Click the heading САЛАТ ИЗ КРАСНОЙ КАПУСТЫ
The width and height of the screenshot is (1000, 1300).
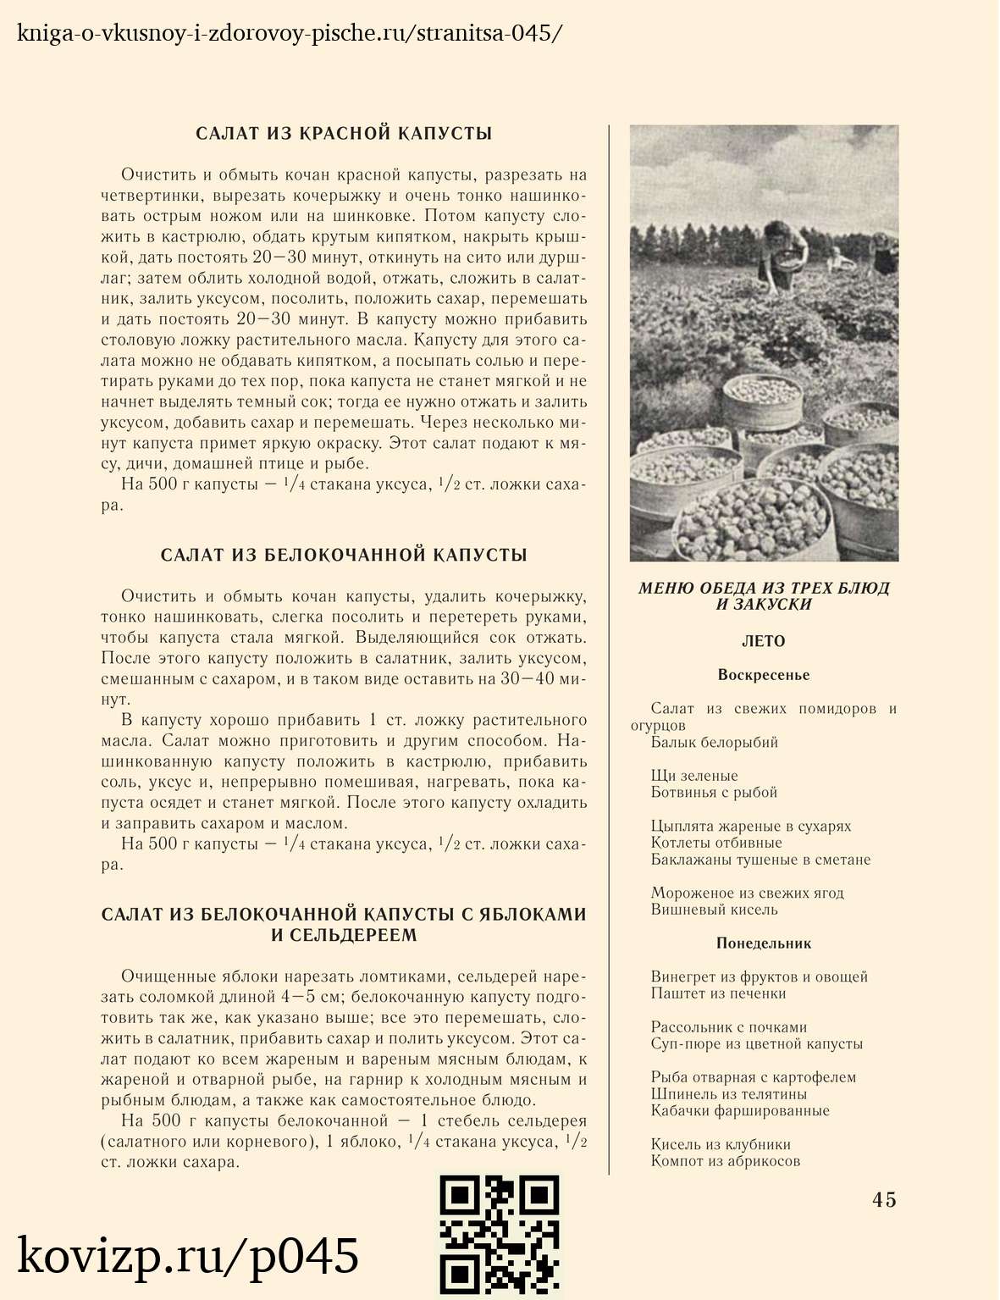pyautogui.click(x=344, y=134)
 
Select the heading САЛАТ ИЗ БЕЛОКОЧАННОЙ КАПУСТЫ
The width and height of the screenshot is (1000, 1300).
pyautogui.click(x=344, y=556)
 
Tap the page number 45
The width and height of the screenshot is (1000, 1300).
pyautogui.click(x=884, y=1199)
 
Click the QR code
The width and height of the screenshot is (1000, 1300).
pyautogui.click(x=499, y=1236)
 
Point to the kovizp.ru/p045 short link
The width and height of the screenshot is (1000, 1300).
pyautogui.click(x=188, y=1256)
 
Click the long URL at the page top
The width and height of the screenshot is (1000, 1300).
pyautogui.click(x=289, y=34)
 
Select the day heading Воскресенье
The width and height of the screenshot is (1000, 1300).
pyautogui.click(x=764, y=675)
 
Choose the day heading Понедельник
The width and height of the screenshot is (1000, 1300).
pyautogui.click(x=764, y=943)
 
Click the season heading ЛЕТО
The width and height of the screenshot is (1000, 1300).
pyautogui.click(x=764, y=641)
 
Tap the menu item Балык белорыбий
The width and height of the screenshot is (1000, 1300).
pyautogui.click(x=714, y=743)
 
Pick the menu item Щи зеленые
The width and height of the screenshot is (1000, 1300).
pyautogui.click(x=694, y=776)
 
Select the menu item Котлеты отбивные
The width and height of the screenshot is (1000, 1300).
pyautogui.click(x=716, y=843)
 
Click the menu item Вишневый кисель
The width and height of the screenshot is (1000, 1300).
pyautogui.click(x=714, y=910)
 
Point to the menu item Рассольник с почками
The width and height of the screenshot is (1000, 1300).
pyautogui.click(x=729, y=1027)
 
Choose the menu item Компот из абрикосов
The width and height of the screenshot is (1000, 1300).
pyautogui.click(x=726, y=1161)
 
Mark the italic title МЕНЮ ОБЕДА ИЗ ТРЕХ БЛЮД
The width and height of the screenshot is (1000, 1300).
pyautogui.click(x=764, y=588)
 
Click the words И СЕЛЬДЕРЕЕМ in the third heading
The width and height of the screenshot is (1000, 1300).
pyautogui.click(x=344, y=936)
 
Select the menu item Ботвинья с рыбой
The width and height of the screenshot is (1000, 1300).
pyautogui.click(x=714, y=793)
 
